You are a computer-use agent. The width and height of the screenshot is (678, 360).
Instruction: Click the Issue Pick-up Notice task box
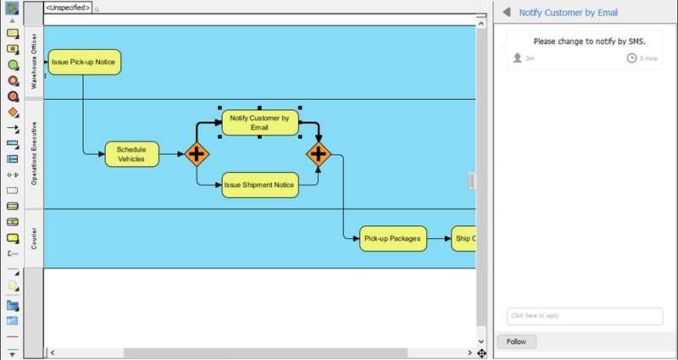pos(85,62)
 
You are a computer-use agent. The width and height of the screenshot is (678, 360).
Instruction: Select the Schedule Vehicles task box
pos(131,153)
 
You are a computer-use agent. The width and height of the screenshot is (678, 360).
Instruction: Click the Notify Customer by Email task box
pos(259,123)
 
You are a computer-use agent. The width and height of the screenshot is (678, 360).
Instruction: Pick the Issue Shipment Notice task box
pos(259,185)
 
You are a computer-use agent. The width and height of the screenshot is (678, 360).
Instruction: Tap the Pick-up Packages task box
pos(392,239)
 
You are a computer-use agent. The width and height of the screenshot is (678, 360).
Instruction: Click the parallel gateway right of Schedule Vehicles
pos(197,154)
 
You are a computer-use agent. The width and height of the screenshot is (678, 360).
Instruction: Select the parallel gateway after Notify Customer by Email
pos(319,154)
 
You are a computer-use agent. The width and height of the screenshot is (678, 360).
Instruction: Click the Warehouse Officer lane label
pos(34,63)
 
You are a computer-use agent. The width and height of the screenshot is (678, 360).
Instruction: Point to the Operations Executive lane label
pos(34,153)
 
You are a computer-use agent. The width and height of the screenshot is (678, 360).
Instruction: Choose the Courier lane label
pos(34,238)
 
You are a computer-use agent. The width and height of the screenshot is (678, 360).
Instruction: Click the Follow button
pos(516,341)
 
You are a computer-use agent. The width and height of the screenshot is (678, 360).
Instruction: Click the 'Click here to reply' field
pos(584,316)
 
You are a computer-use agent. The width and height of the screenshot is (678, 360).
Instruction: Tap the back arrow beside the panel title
pos(507,13)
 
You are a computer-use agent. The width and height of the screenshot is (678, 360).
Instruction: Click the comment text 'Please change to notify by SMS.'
pos(589,41)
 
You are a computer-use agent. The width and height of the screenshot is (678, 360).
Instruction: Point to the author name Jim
pos(530,58)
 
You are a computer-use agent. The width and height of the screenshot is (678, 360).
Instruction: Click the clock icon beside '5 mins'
pos(631,58)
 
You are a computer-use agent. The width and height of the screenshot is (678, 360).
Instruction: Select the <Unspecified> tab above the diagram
pos(68,8)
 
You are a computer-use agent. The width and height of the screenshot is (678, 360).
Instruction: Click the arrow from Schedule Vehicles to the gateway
pos(171,154)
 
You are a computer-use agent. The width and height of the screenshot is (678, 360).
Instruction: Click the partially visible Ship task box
pos(464,239)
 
